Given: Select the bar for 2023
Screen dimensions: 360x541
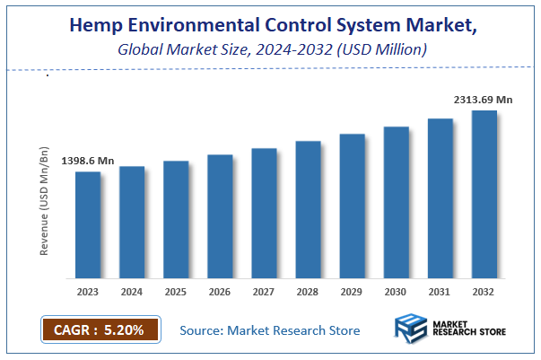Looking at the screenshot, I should [88, 224].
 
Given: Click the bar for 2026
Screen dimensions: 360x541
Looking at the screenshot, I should [220, 216].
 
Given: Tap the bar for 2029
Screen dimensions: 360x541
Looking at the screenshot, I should [353, 206].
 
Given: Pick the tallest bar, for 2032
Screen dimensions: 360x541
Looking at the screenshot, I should [484, 194].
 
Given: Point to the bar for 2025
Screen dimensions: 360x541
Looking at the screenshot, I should [176, 219].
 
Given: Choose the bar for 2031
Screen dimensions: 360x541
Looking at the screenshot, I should [441, 198].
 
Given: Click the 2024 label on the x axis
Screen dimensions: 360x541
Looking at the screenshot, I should [132, 292].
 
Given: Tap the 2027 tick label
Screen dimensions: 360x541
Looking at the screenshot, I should [264, 292].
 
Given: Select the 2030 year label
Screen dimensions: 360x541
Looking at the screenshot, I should [397, 292].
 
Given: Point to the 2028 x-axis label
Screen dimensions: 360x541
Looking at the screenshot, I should [308, 292].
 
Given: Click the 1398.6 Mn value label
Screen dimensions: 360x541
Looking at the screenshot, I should [87, 161].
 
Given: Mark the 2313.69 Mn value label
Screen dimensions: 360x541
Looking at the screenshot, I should [482, 101].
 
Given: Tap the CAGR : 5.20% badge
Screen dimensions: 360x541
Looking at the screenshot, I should [99, 329].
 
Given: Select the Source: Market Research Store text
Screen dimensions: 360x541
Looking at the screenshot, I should [270, 330].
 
